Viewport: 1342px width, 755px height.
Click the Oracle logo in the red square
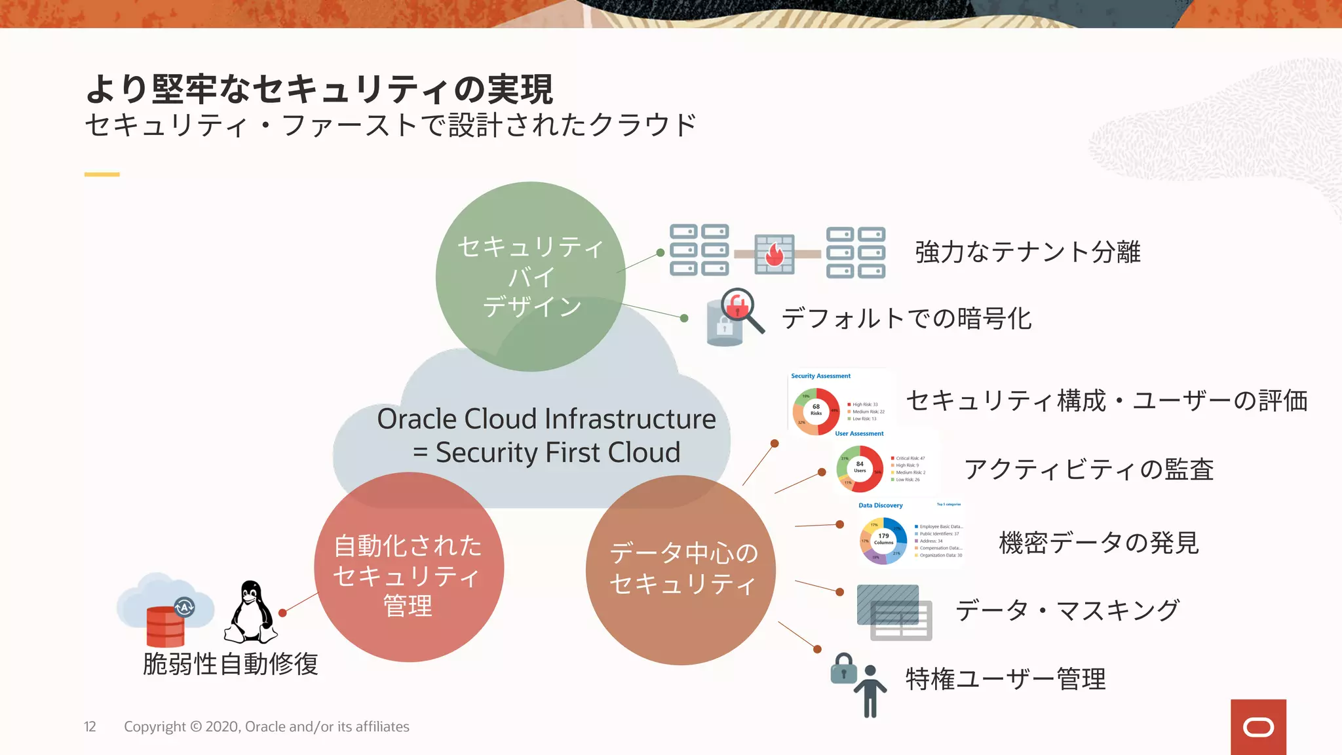tap(1258, 727)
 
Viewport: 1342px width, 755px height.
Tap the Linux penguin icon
tap(251, 613)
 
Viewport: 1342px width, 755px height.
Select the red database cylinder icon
tap(165, 627)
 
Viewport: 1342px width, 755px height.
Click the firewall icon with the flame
tap(775, 254)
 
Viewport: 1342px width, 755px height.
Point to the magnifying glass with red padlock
tap(741, 309)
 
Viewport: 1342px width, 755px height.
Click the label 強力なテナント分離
tap(1027, 252)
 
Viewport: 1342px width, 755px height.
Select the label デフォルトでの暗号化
tap(907, 319)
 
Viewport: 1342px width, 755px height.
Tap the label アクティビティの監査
tap(1089, 470)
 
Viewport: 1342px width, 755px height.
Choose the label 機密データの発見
tap(1099, 543)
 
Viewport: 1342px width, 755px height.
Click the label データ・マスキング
tap(1067, 611)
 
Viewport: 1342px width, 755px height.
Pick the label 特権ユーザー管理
tap(1006, 680)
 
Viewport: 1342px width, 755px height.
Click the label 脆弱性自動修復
tap(231, 664)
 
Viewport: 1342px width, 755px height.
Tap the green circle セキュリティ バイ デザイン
tap(531, 277)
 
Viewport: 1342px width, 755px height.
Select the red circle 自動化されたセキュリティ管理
tap(409, 568)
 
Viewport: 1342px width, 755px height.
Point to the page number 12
tap(90, 727)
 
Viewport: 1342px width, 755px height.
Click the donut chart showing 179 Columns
tap(883, 539)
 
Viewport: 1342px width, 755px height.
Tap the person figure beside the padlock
tap(870, 691)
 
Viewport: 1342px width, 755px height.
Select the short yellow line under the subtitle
tap(102, 174)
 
